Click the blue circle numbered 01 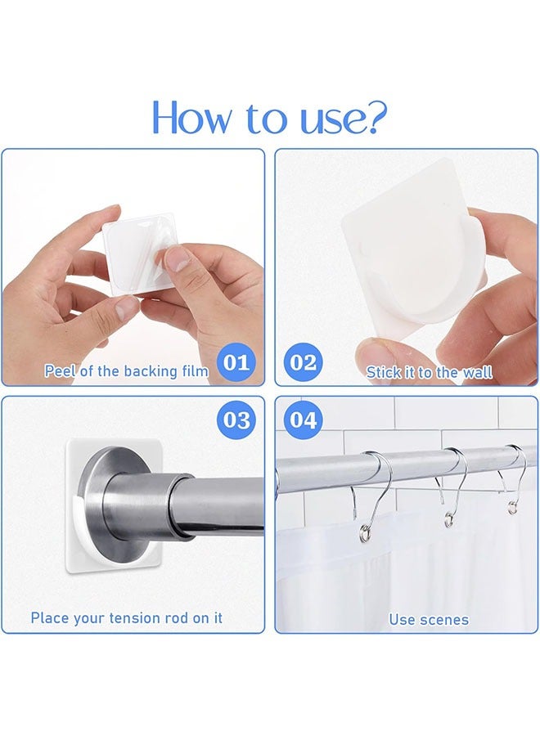tap(236, 362)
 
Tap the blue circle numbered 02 tap(304, 362)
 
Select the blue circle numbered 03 tap(236, 420)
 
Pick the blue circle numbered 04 tap(304, 420)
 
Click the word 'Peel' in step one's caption tap(60, 370)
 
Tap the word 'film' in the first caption tap(192, 370)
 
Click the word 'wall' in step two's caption tap(477, 372)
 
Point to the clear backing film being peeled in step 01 tap(141, 256)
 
